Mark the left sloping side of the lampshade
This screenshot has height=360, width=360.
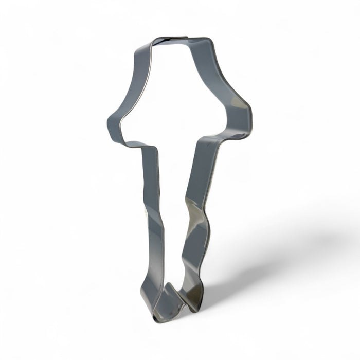[x=129, y=82]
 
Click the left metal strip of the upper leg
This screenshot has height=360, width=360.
[x=150, y=180]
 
